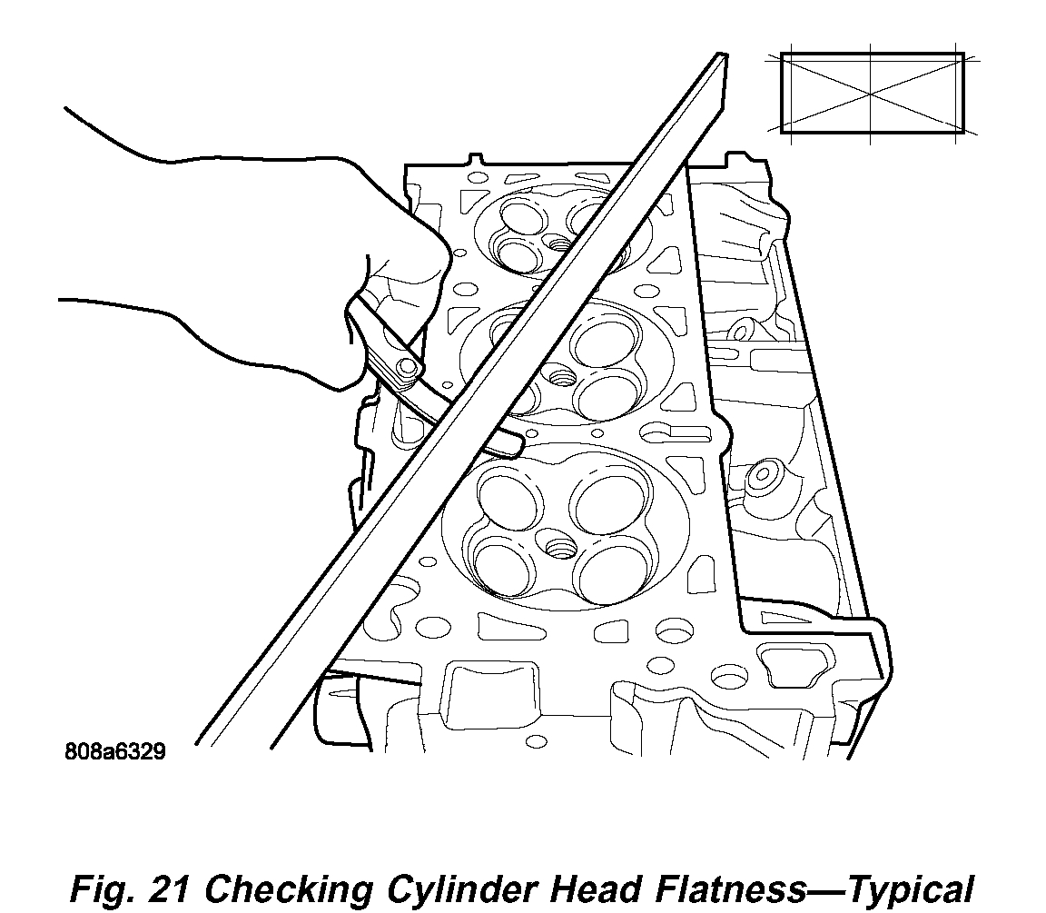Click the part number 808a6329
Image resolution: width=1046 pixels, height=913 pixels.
[x=114, y=752]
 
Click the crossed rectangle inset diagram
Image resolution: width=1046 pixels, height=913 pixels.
[x=872, y=93]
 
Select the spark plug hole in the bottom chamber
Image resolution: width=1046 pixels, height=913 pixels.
[x=557, y=547]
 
